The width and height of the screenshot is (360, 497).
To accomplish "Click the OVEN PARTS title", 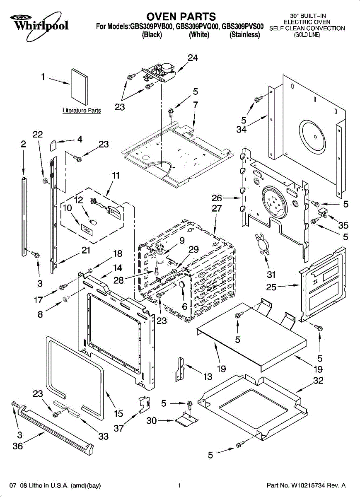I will click(181, 17).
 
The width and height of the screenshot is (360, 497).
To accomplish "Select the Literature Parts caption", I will click(82, 111).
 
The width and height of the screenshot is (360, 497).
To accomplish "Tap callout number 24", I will click(193, 58).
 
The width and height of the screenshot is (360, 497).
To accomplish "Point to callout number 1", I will click(43, 77).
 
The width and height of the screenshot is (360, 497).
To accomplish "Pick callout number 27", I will click(217, 208).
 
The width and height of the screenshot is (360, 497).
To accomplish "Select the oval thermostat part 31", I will click(261, 244).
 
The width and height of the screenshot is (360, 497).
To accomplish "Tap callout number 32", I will click(318, 381).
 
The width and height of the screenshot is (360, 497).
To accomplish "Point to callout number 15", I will click(118, 413).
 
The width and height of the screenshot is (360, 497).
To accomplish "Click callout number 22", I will click(38, 135).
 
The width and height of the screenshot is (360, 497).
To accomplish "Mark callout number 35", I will click(343, 226).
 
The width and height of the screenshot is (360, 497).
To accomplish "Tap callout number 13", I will click(208, 376).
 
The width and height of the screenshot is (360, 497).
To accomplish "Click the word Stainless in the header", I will click(245, 35).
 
